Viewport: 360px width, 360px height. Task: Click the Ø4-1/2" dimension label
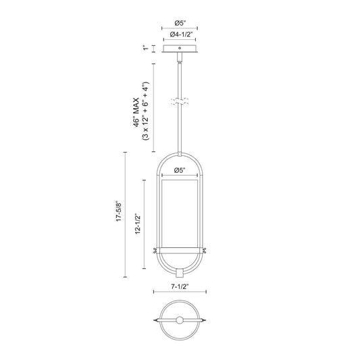pos(181,34)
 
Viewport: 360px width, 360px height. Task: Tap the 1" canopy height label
pos(146,48)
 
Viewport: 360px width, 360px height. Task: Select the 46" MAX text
pos(136,112)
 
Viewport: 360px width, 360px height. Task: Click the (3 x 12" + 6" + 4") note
pos(146,111)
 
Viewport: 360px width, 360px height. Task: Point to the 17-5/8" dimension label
pos(118,212)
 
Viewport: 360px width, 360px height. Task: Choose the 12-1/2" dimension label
pos(138,224)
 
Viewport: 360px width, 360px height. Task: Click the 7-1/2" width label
pos(180,286)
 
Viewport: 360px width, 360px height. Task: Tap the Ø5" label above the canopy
pos(180,23)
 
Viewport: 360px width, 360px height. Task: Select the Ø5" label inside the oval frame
pos(180,170)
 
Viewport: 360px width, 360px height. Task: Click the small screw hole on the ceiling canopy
pos(180,48)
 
